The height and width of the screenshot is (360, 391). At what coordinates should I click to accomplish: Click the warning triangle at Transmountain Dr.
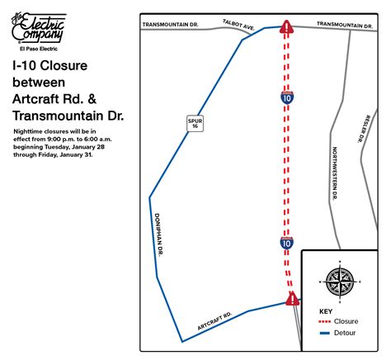pos(286,30)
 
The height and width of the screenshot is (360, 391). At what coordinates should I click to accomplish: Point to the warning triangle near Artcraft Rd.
pos(291,298)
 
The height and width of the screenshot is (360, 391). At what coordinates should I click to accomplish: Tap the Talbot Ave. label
pos(238,27)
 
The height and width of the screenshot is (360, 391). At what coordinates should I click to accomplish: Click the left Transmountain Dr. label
pos(171,25)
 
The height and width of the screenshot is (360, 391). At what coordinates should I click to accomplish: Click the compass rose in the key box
pos(339,281)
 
